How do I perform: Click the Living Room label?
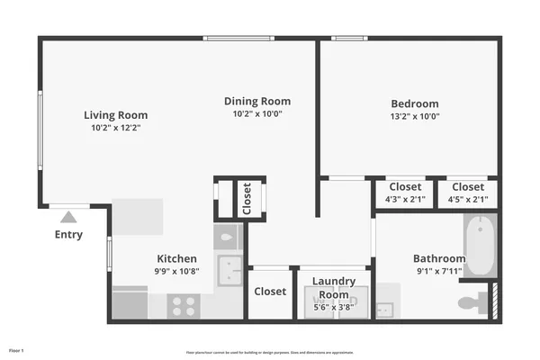point(115,115)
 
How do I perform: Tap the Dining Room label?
point(257,101)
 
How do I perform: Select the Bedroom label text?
point(414,103)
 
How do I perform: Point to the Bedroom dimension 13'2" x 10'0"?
point(414,116)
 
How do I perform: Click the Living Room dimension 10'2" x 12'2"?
point(115,128)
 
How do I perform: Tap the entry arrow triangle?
point(68,217)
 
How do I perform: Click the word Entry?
point(68,235)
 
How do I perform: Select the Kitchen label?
point(176,258)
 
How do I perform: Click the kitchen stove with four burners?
point(184,305)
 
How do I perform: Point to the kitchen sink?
point(229,269)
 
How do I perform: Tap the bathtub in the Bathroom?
point(481,246)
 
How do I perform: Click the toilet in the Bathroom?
point(470,302)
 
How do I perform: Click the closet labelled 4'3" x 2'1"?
point(405,193)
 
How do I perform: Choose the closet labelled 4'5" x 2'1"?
point(468,193)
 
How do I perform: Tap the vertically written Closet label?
point(247,199)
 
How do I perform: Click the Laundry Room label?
point(334,287)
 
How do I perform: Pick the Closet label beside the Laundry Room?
point(270,292)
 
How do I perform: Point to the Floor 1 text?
point(16,349)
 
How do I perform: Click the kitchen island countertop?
point(137,217)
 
